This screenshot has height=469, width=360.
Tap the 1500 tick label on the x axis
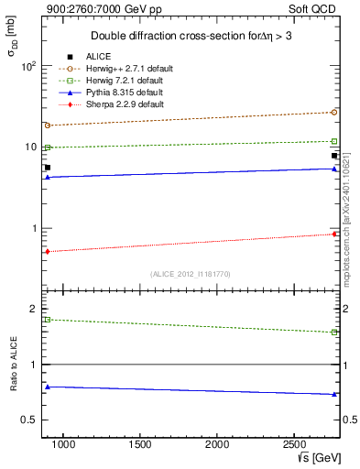pos(139,445)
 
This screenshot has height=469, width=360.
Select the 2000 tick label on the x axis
pos(216,445)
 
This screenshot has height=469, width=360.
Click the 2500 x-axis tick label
pos(293,445)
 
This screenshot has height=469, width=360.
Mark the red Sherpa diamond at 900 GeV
pos(47,251)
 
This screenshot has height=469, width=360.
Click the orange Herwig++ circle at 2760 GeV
pos(334,113)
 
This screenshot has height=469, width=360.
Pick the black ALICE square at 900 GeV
pos(47,168)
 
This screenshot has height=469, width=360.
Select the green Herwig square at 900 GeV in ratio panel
pos(47,320)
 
